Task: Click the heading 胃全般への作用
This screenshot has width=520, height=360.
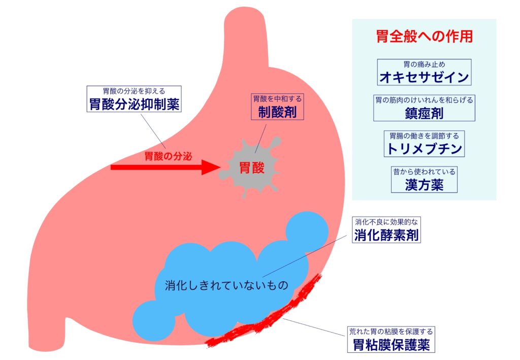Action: point(424,37)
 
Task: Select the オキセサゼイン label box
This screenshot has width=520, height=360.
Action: point(424,73)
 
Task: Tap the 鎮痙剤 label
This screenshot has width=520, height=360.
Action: point(424,108)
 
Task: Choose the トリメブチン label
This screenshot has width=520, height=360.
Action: point(424,144)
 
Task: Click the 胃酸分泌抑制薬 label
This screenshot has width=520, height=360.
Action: point(134,100)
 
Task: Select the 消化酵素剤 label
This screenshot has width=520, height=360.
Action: point(387,230)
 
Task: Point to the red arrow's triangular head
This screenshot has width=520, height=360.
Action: point(210,167)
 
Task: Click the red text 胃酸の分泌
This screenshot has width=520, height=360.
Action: point(168,156)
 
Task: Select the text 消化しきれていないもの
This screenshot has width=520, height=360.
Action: point(226,285)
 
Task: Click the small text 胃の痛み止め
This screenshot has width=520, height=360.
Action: point(424,64)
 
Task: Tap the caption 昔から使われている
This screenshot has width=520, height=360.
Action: point(424,172)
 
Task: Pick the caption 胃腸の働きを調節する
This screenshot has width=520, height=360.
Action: point(424,136)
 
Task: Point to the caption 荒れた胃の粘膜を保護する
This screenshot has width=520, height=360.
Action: point(392,332)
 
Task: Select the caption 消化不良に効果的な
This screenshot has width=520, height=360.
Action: point(387,221)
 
